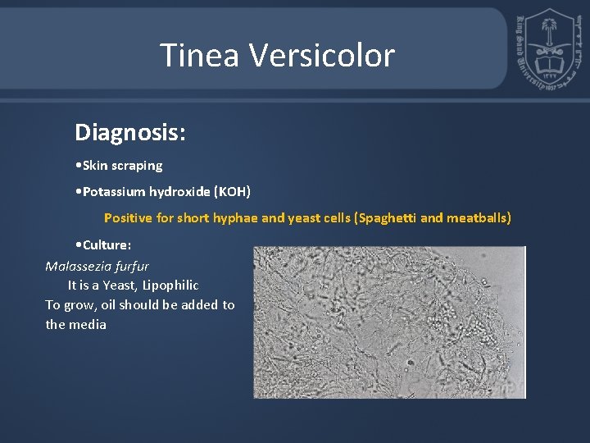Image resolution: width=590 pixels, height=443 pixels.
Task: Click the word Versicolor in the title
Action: pos(321,56)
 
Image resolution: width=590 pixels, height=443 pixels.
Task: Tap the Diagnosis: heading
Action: pos(129,132)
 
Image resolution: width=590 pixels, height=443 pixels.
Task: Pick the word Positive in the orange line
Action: pos(127,218)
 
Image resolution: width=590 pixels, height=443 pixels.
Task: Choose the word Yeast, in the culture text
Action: pos(119,285)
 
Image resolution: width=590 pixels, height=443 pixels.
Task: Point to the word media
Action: pos(88,325)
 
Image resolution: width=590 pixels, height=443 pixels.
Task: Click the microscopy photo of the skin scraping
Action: pos(388,322)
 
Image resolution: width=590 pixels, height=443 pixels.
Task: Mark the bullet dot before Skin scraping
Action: pos(76,166)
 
